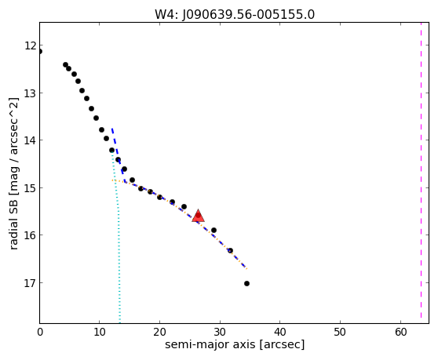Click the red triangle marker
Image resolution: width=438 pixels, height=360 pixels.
coord(198,216)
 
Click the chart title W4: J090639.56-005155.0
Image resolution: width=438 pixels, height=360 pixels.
coord(235,14)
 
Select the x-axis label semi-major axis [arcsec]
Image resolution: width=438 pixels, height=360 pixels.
coord(235,344)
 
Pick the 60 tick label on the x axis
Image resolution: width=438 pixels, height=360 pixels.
coord(400,332)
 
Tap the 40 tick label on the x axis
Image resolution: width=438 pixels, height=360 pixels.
coord(280,332)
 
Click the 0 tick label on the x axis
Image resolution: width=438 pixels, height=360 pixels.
coord(40,332)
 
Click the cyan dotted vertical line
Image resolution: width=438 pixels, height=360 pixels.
coord(117,237)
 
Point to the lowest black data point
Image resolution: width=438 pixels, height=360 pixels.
coord(246,284)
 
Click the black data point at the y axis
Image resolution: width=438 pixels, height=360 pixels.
coord(40,51)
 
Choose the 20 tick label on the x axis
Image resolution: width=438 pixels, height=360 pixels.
coord(159,332)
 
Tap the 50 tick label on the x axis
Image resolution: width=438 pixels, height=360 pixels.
coord(340,332)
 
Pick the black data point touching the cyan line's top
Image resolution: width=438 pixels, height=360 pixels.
coord(111,150)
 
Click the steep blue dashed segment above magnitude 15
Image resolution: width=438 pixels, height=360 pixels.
coord(118,155)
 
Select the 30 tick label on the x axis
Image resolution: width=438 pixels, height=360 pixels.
coord(220,332)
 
